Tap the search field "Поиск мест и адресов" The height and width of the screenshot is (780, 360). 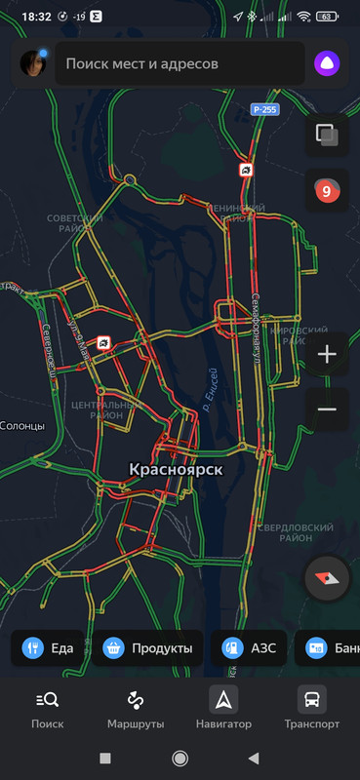(x=176, y=64)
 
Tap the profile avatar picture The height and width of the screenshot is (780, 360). (x=33, y=64)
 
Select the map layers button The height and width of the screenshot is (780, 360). (x=327, y=136)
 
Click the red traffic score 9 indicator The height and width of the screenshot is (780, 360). (x=327, y=191)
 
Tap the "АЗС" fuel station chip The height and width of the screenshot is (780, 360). (x=250, y=647)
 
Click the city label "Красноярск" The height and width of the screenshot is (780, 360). (x=176, y=470)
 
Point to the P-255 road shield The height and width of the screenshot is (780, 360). (x=263, y=109)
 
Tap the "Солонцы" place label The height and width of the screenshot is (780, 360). (x=21, y=426)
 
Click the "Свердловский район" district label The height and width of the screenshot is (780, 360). (x=284, y=532)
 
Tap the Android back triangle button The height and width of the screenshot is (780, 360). (x=254, y=758)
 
